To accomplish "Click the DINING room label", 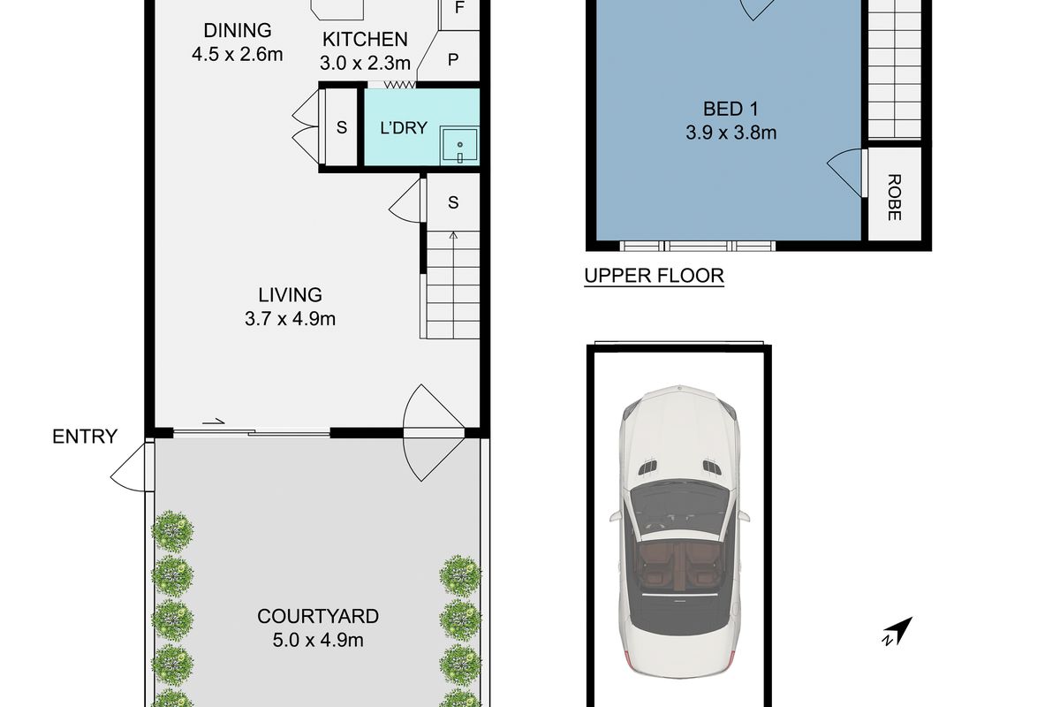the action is point(238,30).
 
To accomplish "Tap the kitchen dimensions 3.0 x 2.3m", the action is point(365,63).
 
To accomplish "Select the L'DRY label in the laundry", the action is point(404,128).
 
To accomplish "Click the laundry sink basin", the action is point(459,145).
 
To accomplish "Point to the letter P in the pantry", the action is point(453,60).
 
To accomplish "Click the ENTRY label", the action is point(85,437).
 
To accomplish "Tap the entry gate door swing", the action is point(128,467).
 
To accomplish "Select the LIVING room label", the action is point(290,295).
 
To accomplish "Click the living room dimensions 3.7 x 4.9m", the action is point(290,319).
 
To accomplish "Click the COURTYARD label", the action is point(318,617).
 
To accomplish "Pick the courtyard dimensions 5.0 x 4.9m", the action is point(318,640).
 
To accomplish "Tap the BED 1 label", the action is point(731,110).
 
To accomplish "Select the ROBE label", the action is point(894,197).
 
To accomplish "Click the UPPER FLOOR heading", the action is point(654,276).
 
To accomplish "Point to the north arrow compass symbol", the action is point(897,631).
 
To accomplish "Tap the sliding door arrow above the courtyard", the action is point(213,421).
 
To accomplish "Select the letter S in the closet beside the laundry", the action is point(341,127).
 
